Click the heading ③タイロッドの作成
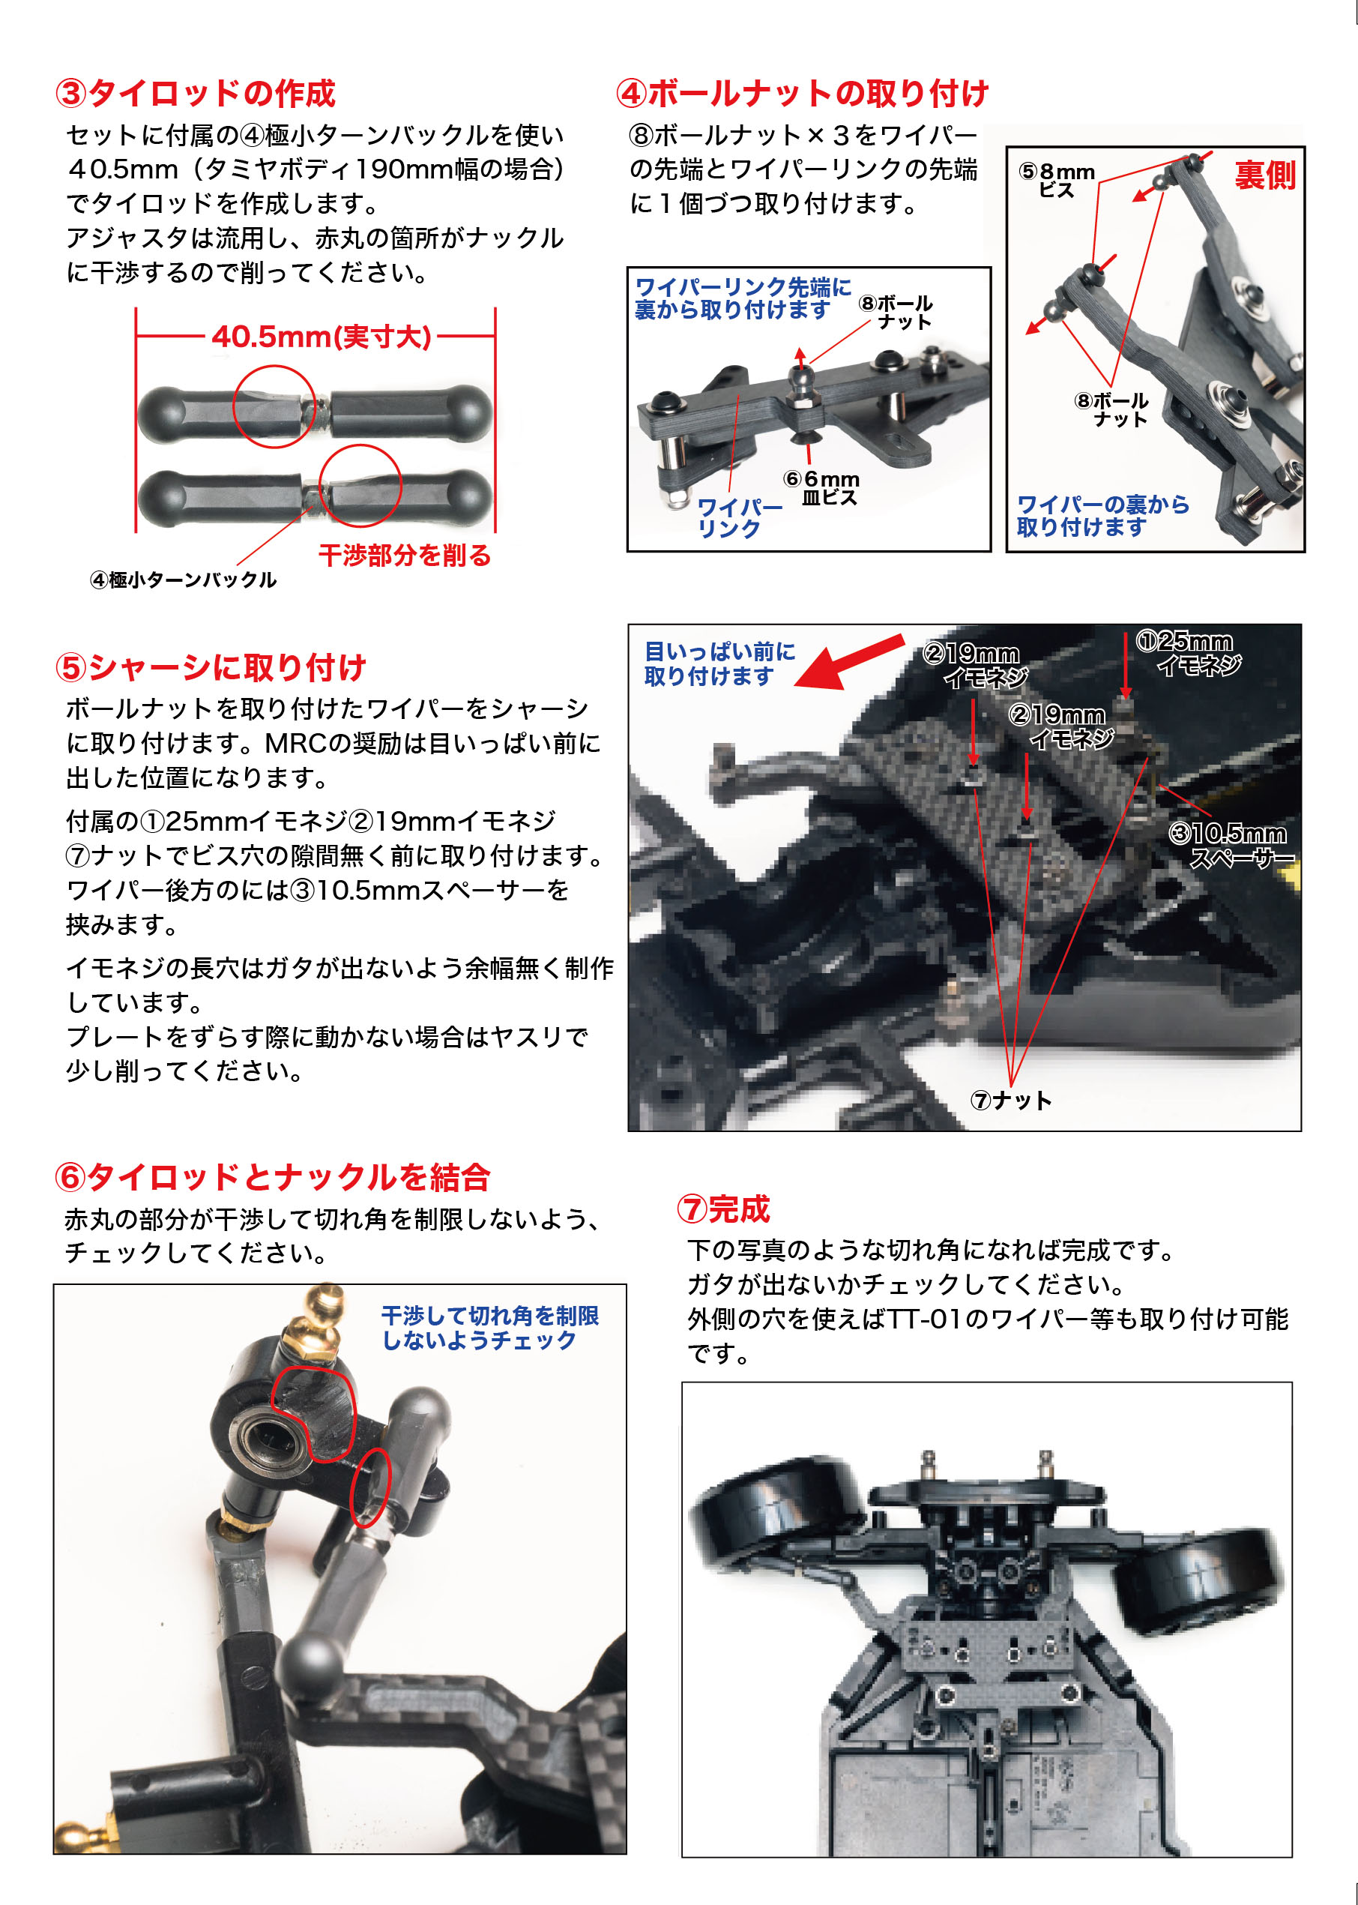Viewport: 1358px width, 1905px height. click(196, 93)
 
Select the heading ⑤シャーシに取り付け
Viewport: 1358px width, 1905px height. click(211, 667)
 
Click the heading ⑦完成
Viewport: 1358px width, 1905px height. click(723, 1209)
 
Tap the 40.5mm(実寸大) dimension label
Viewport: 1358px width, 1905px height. click(321, 337)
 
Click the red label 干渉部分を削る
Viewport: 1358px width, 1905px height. click(405, 556)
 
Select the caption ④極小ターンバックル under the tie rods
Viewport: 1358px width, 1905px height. click(183, 580)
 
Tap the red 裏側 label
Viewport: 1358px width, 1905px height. click(1265, 175)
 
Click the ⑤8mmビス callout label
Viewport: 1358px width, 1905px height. click(1057, 180)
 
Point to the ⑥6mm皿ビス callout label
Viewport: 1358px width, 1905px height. click(821, 487)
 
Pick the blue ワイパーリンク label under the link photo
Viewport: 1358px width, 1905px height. click(740, 517)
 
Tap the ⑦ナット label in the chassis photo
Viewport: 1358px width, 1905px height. click(1010, 1100)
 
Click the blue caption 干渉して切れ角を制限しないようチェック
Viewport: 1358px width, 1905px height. click(490, 1328)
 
